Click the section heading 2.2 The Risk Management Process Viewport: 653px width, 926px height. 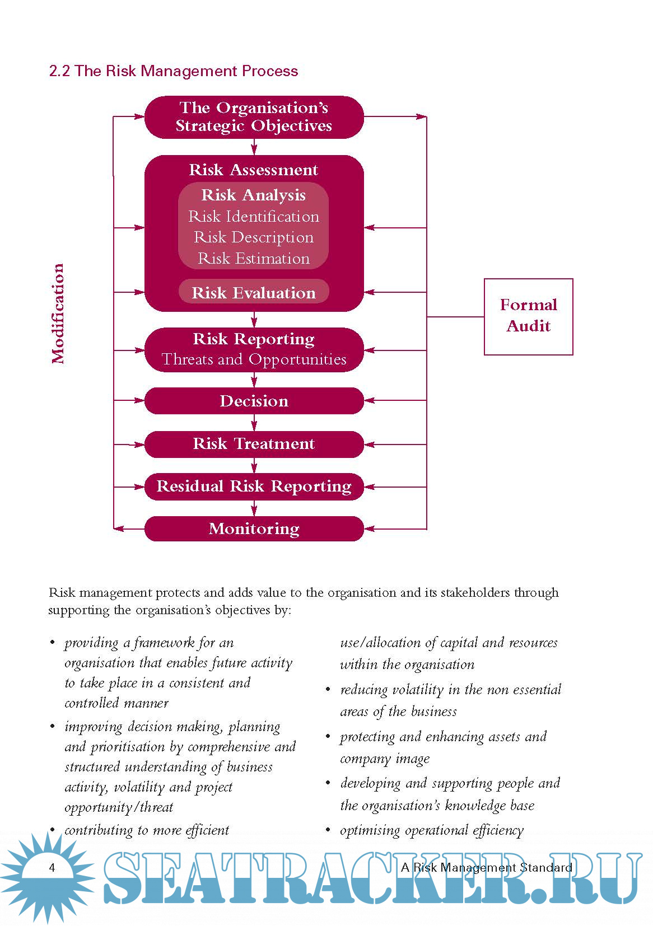tap(174, 71)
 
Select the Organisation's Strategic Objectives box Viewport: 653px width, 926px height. tap(254, 117)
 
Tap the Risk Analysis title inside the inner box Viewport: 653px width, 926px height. tap(254, 195)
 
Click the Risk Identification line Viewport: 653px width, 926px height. tap(254, 217)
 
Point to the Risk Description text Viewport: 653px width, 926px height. tap(254, 237)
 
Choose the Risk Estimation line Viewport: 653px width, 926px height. tap(254, 259)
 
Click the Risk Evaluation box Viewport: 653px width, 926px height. tap(254, 292)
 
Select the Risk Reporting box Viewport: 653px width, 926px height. tap(254, 349)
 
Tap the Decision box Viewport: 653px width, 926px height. tap(254, 401)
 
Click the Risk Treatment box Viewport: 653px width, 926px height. tap(254, 444)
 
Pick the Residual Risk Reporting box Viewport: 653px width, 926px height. tap(254, 487)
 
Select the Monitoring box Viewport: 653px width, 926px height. tap(254, 529)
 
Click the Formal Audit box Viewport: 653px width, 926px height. tap(528, 316)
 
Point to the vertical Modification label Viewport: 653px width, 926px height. tap(58, 314)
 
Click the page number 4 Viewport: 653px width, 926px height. tap(52, 868)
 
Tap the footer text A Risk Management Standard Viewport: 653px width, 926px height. tap(487, 868)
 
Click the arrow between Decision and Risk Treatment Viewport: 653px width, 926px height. tap(254, 423)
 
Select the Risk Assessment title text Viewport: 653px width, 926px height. tap(254, 170)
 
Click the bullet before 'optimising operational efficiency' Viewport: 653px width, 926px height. tap(328, 830)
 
